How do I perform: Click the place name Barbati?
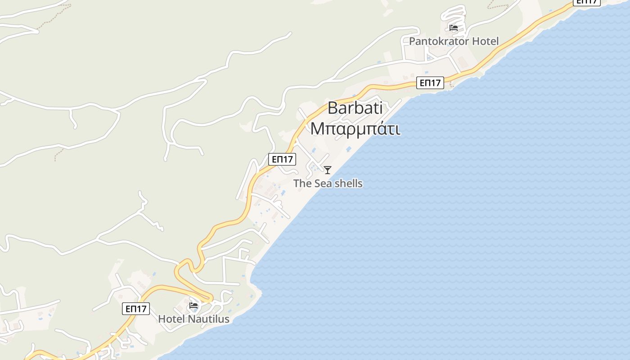point(355,108)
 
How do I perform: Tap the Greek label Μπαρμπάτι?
point(355,128)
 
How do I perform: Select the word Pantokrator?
point(438,41)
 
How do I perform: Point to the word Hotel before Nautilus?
point(171,319)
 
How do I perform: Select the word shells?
point(348,184)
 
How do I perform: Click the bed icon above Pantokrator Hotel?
point(454,28)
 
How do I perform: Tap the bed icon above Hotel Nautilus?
point(193,305)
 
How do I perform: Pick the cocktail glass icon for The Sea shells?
point(328,170)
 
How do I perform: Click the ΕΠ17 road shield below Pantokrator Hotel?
point(430,83)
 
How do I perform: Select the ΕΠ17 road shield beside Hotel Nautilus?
point(136,309)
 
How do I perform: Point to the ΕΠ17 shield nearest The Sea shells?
point(282,159)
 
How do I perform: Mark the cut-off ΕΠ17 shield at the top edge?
point(587,2)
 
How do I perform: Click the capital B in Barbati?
point(333,108)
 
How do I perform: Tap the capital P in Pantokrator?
point(412,41)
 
